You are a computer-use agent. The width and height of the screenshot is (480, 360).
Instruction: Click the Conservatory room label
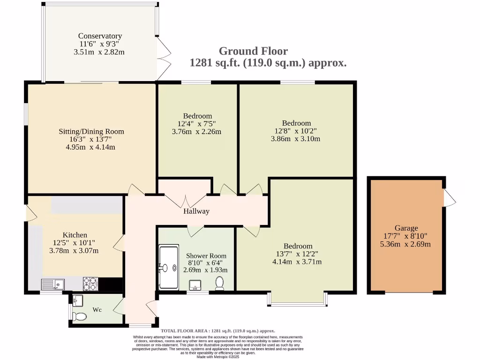100,36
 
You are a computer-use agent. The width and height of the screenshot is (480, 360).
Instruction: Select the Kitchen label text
75,235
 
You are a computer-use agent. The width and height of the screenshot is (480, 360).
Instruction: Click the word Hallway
196,211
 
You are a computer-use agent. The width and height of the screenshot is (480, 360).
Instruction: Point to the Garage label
406,228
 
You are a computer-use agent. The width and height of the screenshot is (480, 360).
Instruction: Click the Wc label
97,310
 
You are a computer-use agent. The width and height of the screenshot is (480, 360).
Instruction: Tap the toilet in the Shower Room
219,283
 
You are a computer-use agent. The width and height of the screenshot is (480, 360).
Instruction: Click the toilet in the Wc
80,316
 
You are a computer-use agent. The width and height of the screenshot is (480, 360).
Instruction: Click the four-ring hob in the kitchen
90,284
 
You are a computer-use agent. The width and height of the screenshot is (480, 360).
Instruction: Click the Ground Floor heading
253,51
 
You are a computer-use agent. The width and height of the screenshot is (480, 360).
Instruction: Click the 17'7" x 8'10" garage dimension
406,236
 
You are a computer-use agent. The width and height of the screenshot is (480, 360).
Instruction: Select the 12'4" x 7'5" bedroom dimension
197,124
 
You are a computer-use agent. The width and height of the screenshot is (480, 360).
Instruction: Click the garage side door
450,197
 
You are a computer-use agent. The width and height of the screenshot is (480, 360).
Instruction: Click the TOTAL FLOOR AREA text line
218,331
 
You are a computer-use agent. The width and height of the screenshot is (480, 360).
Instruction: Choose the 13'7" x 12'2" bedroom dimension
298,254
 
